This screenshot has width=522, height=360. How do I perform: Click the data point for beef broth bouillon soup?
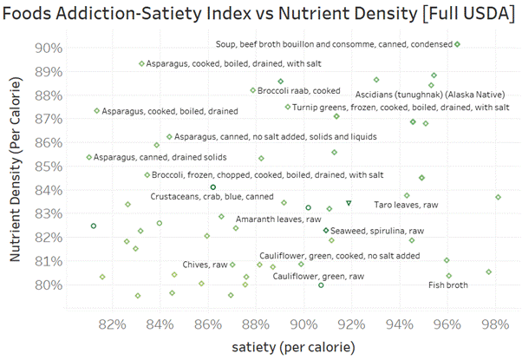click(x=457, y=44)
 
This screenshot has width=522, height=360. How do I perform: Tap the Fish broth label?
click(x=448, y=285)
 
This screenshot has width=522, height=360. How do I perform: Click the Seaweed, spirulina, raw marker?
click(x=326, y=230)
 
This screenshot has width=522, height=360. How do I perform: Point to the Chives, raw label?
click(x=206, y=265)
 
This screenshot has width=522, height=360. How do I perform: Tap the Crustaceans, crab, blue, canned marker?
click(x=213, y=187)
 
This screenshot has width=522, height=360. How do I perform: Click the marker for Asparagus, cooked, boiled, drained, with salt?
click(x=142, y=63)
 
